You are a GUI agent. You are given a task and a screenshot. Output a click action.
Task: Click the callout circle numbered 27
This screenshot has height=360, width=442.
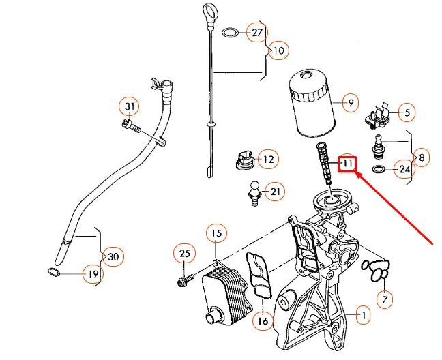256,33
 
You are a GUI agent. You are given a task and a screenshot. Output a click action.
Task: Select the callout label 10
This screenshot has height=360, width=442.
278,50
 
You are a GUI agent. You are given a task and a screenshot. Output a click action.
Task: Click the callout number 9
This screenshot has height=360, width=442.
349,104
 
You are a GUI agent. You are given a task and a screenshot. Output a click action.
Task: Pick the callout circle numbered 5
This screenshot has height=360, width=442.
407,112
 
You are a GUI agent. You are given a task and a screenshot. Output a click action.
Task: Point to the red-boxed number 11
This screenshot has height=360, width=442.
348,164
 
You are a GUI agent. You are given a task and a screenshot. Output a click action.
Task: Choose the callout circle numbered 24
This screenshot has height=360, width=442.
404,168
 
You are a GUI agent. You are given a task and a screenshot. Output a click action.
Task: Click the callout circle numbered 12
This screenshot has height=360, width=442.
268,160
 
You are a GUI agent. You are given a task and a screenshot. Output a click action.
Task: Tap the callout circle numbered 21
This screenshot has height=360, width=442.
275,192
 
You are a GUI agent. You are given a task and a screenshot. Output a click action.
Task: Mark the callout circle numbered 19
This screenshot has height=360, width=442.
93,274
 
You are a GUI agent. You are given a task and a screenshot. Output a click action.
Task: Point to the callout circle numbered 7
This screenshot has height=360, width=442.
385,300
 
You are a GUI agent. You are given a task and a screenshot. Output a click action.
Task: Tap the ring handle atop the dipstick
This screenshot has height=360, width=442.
209,12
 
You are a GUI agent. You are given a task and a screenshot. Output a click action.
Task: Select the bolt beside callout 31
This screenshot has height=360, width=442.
130,125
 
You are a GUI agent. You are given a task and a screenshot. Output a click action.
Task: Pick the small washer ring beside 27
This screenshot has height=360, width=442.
231,33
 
